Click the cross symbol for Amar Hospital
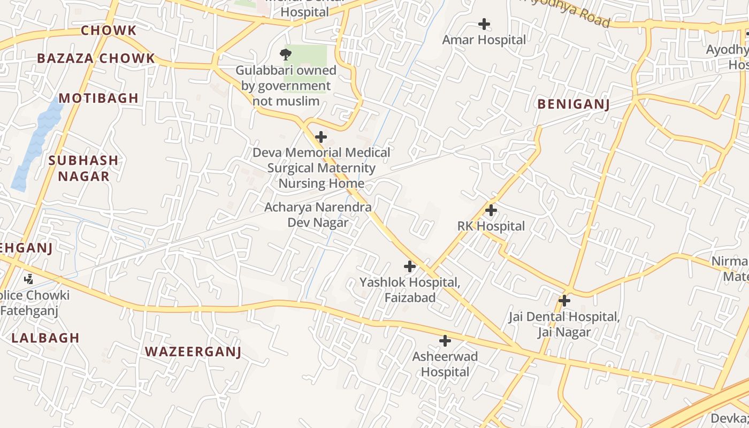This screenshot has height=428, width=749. (x=484, y=24)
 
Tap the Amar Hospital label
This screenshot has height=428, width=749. (x=484, y=40)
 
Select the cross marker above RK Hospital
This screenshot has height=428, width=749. (x=491, y=210)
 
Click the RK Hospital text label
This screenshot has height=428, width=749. (x=491, y=226)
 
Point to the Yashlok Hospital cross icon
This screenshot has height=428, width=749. (x=410, y=266)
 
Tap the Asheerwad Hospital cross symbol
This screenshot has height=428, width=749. (x=445, y=341)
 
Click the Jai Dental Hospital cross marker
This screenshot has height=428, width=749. (x=564, y=301)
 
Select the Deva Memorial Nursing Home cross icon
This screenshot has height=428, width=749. (x=321, y=137)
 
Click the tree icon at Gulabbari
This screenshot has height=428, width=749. (x=286, y=53)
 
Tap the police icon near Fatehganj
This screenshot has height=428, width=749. (x=29, y=279)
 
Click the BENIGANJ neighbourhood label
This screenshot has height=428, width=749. (x=574, y=104)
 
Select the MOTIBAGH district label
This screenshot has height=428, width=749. (x=98, y=98)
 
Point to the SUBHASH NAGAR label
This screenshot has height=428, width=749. (x=83, y=168)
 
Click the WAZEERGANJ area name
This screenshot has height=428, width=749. (x=193, y=352)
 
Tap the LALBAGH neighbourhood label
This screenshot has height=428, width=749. (x=45, y=338)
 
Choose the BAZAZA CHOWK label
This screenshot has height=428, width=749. (x=96, y=59)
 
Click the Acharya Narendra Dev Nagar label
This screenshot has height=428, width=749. (x=318, y=215)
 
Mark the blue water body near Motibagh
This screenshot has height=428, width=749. (x=37, y=144)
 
